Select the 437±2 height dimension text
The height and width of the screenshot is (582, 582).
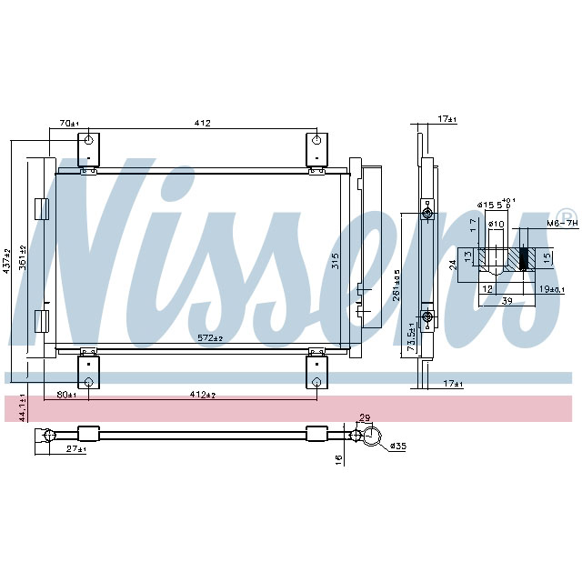(7, 259)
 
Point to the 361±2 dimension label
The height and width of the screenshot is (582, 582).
(25, 259)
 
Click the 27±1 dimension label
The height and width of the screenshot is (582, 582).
(75, 449)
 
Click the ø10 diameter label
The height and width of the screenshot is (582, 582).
(497, 224)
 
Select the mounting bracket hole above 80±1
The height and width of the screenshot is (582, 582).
(87, 379)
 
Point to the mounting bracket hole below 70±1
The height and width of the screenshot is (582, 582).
(87, 141)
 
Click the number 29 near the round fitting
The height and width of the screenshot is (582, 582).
(366, 417)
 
